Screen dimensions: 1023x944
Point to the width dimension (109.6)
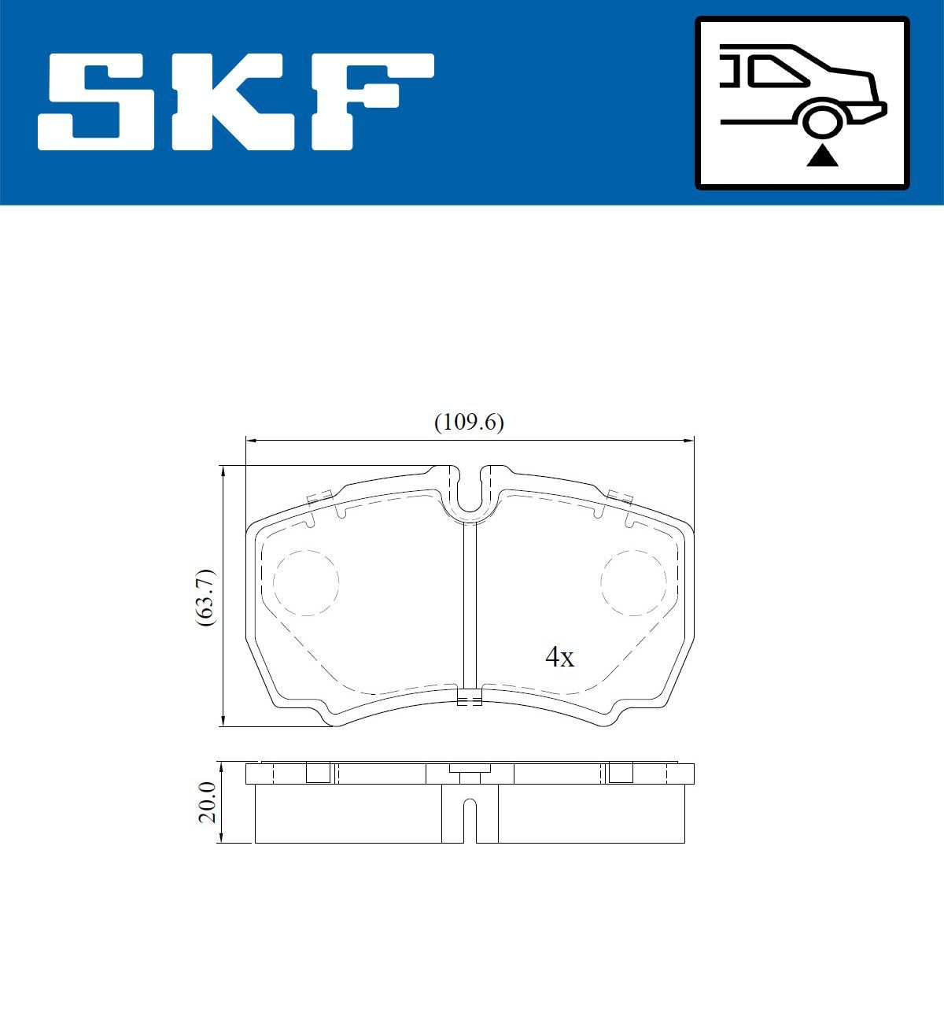pyautogui.click(x=469, y=423)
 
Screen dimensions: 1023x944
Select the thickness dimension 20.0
pyautogui.click(x=207, y=802)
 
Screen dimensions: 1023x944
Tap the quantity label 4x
pyautogui.click(x=559, y=657)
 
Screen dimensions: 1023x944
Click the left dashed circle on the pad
pyautogui.click(x=305, y=582)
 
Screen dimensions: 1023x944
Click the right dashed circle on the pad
pyautogui.click(x=633, y=582)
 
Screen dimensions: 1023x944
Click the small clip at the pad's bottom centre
pyautogui.click(x=470, y=697)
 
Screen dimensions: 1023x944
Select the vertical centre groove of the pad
pyautogui.click(x=470, y=606)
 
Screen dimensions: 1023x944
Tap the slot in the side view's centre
pyautogui.click(x=470, y=818)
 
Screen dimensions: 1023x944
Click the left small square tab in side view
pyautogui.click(x=318, y=773)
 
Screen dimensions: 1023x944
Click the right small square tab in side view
pyautogui.click(x=621, y=773)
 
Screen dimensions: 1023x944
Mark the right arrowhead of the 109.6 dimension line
pyautogui.click(x=690, y=441)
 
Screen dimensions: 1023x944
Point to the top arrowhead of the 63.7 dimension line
pyautogui.click(x=224, y=471)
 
